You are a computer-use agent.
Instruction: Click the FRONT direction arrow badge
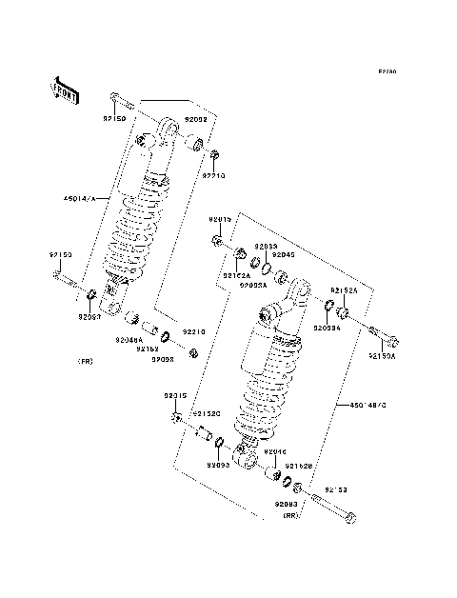click(65, 89)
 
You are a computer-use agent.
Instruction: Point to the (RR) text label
click(290, 514)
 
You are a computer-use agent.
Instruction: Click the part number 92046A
click(129, 340)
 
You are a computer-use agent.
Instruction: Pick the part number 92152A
click(236, 275)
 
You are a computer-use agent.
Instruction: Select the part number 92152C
click(207, 414)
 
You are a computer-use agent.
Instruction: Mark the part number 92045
click(284, 254)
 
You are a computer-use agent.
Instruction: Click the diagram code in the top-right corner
click(386, 71)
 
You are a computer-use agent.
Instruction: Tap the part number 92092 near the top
click(195, 121)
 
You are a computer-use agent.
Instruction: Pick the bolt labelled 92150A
click(382, 335)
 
